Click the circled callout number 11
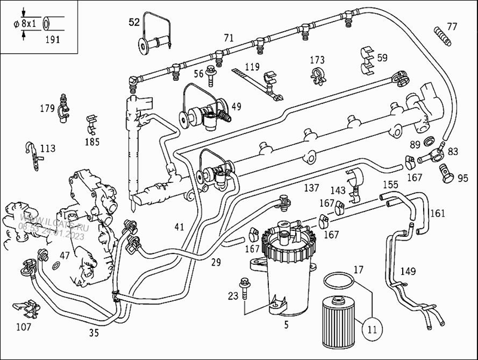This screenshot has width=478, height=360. (372, 328)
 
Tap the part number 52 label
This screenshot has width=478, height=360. (134, 23)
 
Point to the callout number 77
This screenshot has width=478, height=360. (452, 26)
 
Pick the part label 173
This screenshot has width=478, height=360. (317, 60)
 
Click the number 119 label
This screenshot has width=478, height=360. (252, 66)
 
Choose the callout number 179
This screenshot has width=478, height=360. (47, 108)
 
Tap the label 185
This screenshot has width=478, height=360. (92, 142)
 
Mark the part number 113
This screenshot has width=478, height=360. (47, 148)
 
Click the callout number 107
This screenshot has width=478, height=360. (23, 327)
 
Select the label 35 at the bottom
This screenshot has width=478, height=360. (94, 333)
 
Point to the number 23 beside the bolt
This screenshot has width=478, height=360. (233, 295)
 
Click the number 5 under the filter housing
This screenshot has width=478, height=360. (286, 325)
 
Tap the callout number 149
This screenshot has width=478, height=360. (407, 271)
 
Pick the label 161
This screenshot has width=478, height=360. (437, 213)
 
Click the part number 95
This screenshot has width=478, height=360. (462, 178)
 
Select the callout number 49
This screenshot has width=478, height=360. (237, 106)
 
